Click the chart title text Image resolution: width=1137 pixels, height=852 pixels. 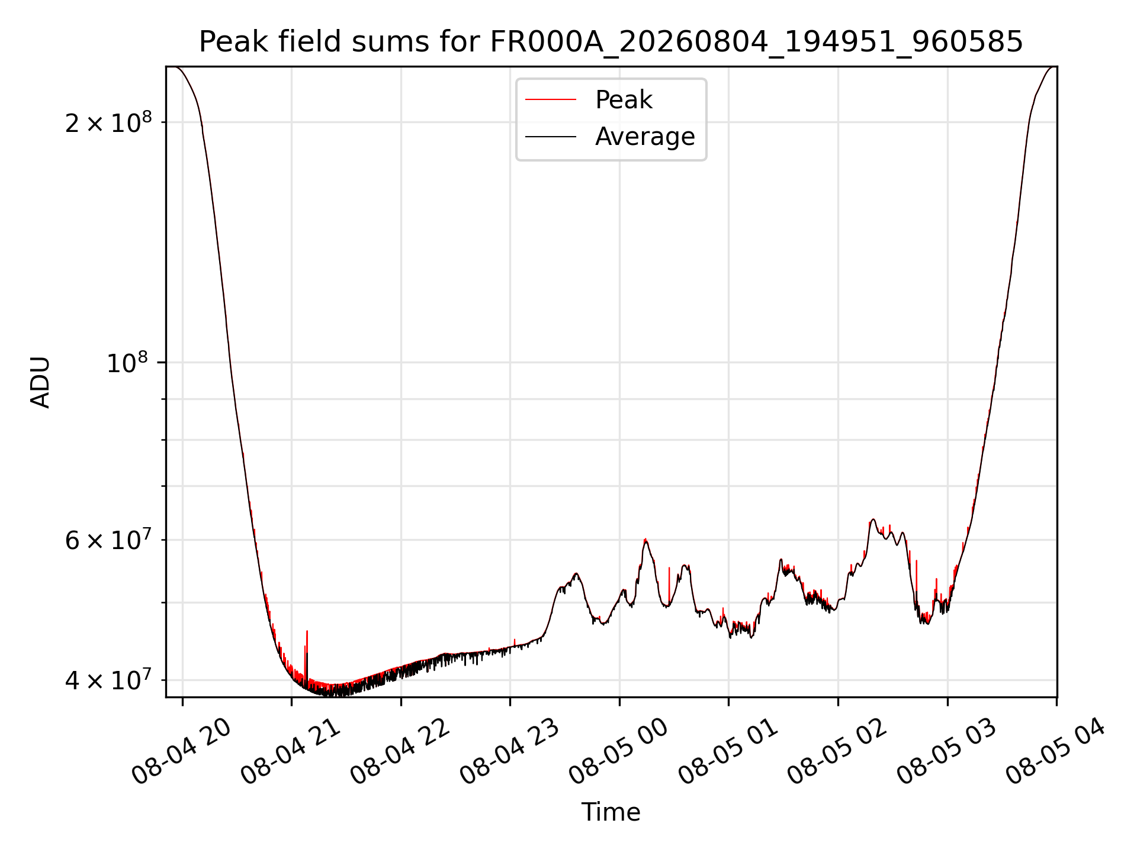pyautogui.click(x=611, y=41)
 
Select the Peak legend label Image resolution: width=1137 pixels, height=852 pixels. pyautogui.click(x=624, y=99)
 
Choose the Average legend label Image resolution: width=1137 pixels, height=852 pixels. pyautogui.click(x=645, y=136)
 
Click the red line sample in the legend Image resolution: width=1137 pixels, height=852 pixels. pyautogui.click(x=551, y=99)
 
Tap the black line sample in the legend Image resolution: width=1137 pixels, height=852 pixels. pyautogui.click(x=551, y=137)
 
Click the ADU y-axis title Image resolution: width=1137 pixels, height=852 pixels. pyautogui.click(x=40, y=382)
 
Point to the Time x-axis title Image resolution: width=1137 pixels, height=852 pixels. pyautogui.click(x=611, y=812)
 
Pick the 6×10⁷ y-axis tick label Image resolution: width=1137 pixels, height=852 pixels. pyautogui.click(x=108, y=540)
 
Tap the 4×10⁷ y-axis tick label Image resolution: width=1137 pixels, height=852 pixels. pyautogui.click(x=108, y=680)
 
